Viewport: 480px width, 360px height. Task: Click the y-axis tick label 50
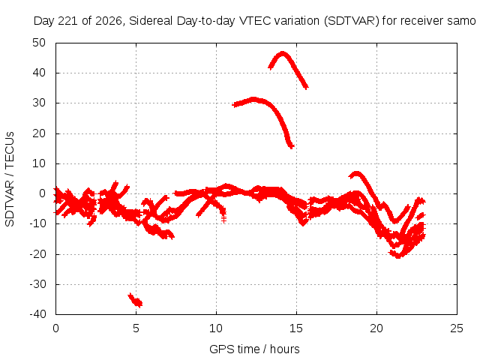(x=39, y=43)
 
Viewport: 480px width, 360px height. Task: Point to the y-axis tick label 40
(x=39, y=73)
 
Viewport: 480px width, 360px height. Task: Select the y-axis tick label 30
(x=39, y=103)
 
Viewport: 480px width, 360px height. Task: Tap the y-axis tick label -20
(x=37, y=254)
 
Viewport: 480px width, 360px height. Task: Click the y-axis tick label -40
(x=37, y=314)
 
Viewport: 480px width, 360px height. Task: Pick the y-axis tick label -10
(x=37, y=223)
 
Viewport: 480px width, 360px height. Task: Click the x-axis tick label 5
(x=136, y=328)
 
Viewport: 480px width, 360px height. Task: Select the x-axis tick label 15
(x=296, y=328)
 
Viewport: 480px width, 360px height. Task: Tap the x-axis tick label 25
(x=457, y=328)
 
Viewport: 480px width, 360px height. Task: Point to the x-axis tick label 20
(x=376, y=328)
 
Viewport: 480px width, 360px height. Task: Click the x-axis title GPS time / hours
(x=254, y=349)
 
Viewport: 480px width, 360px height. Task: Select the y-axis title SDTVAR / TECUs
(x=10, y=179)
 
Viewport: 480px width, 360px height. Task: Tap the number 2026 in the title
(x=109, y=21)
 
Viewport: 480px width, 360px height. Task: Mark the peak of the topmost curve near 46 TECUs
(x=283, y=53)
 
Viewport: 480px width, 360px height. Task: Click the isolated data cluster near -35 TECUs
(x=135, y=300)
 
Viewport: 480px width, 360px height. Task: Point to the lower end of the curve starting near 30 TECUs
(x=291, y=146)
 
